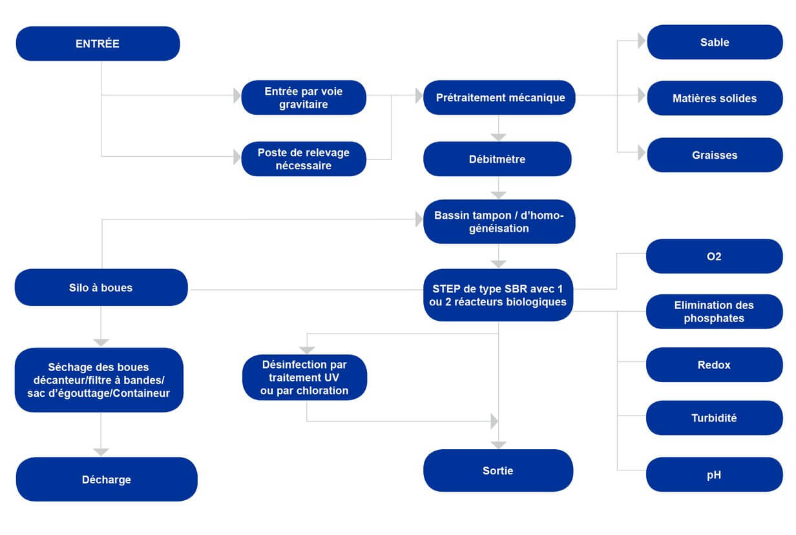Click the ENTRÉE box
(98, 44)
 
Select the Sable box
(715, 42)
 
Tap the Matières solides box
(715, 98)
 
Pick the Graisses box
(715, 155)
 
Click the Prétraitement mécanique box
(499, 97)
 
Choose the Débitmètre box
(497, 159)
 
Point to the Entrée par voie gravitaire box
(304, 97)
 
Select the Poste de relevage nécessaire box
(304, 159)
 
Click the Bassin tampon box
(499, 222)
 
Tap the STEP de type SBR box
(498, 296)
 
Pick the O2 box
(715, 256)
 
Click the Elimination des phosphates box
(715, 312)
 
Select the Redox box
(715, 365)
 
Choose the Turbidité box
(715, 418)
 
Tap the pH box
(715, 474)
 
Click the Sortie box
(498, 470)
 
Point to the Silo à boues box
(101, 288)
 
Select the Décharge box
(107, 479)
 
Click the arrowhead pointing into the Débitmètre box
(499, 137)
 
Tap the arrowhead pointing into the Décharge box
(101, 452)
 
